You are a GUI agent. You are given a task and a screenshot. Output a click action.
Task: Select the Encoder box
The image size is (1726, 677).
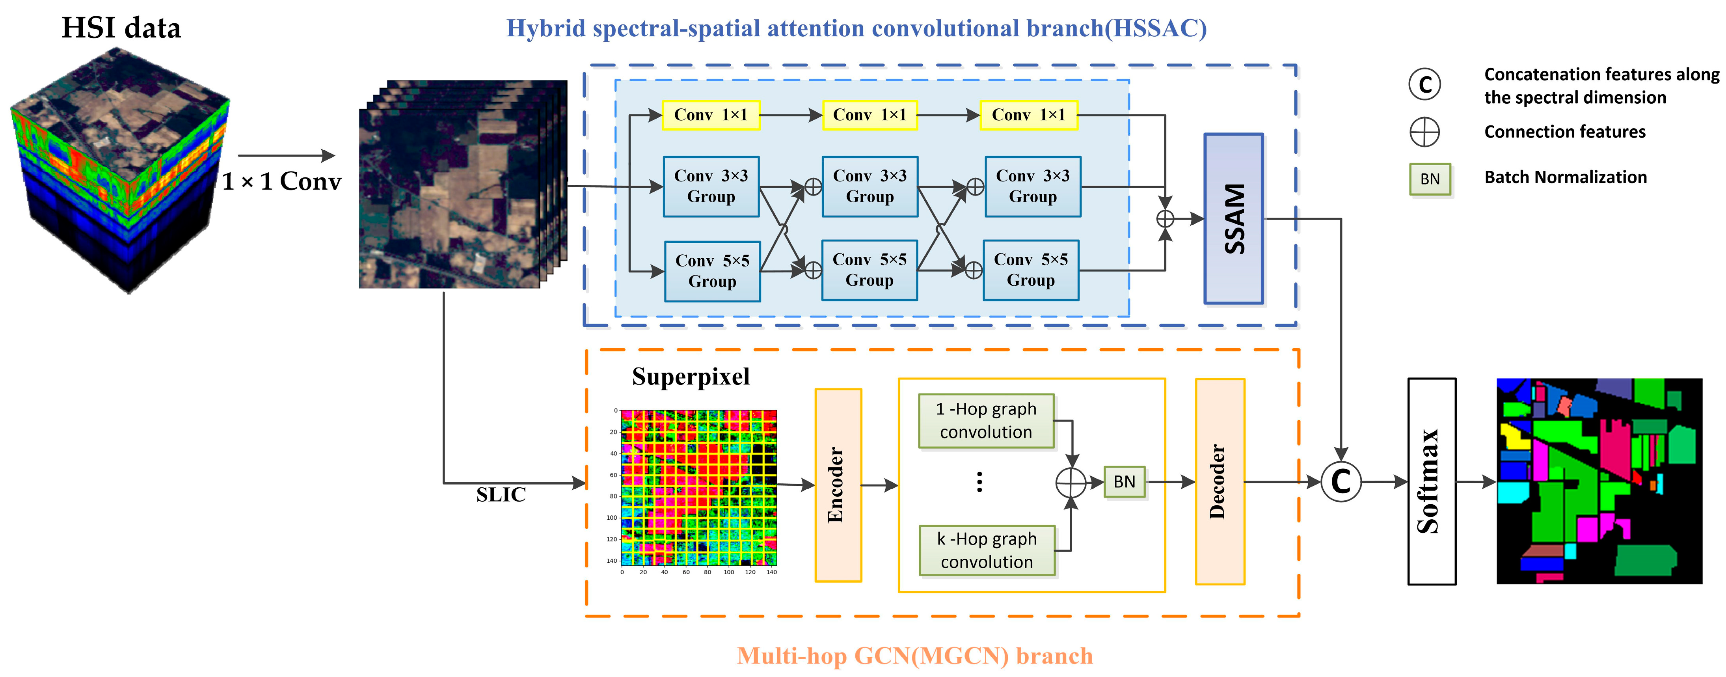[x=838, y=485]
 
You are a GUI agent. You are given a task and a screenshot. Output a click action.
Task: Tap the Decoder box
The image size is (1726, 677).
[x=1220, y=481]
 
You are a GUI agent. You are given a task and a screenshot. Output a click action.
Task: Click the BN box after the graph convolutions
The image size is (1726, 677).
[x=1124, y=482]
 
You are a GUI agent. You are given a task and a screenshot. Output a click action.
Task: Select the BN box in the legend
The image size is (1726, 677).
[x=1430, y=179]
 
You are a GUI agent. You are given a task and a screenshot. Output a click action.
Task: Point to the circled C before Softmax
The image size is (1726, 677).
[x=1341, y=482]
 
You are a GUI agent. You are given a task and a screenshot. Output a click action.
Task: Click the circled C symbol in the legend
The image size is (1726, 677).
[x=1424, y=84]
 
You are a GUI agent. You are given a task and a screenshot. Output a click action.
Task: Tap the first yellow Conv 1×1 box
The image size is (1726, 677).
[x=710, y=115]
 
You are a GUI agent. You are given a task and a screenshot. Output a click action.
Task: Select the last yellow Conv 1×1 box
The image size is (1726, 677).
[x=1028, y=115]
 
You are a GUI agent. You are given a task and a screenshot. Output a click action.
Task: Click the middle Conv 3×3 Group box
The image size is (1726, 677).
[x=869, y=187]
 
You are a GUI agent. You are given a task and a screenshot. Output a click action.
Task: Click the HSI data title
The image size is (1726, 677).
[x=121, y=28]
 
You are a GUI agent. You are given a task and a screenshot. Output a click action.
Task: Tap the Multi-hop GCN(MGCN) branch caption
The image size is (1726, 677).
[x=914, y=656]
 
